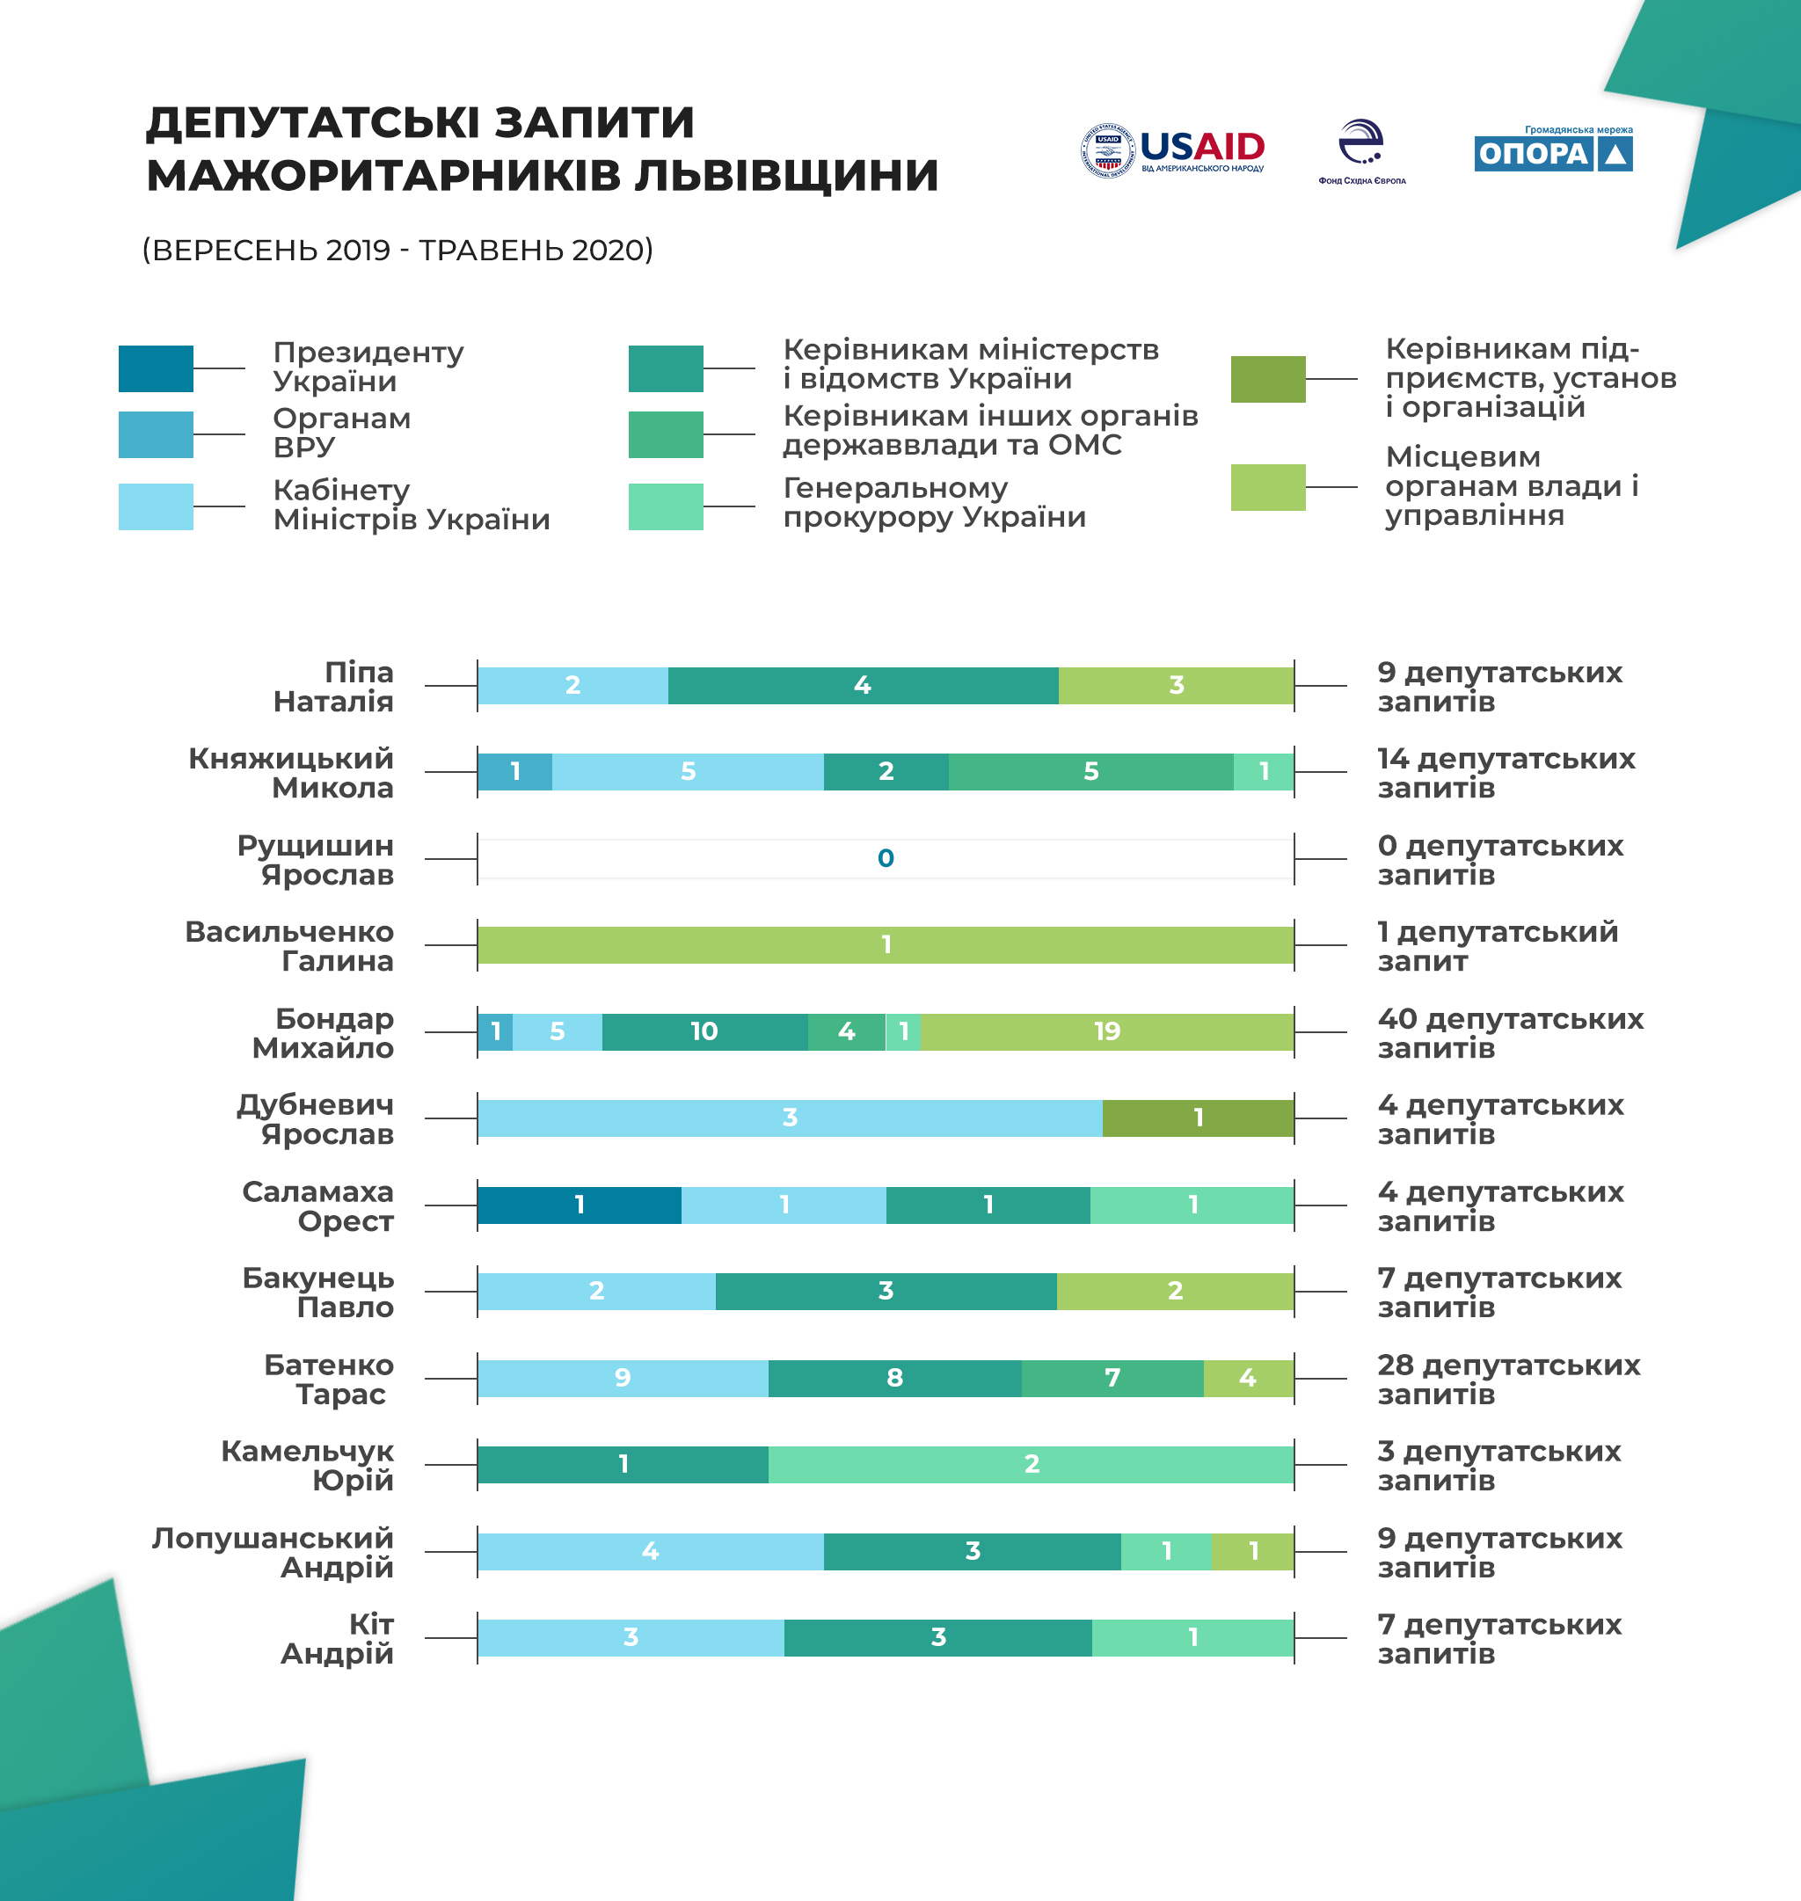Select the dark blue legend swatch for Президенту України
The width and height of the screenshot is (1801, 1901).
[156, 368]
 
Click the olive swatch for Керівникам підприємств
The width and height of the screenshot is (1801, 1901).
[1267, 379]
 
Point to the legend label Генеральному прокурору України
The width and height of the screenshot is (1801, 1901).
[934, 502]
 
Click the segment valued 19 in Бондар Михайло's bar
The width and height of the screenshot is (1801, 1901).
[1107, 1031]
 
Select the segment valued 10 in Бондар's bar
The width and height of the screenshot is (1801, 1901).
[704, 1031]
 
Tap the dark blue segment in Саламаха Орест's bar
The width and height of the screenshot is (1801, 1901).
[579, 1205]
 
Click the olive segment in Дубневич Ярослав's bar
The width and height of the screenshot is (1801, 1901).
[1198, 1118]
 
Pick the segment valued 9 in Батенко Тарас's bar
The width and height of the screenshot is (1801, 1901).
[622, 1378]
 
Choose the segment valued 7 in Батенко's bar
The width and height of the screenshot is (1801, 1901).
[1112, 1378]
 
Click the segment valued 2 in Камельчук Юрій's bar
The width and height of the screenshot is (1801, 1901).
[1031, 1464]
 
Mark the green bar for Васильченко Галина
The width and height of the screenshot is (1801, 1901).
[886, 944]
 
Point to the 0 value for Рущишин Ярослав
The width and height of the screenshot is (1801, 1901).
[886, 858]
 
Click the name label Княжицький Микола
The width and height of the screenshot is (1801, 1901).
[291, 773]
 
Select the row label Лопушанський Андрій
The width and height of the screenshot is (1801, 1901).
[273, 1552]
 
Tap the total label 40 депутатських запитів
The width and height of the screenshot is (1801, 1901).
[1509, 1032]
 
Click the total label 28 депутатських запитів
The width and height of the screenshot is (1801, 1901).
[1508, 1379]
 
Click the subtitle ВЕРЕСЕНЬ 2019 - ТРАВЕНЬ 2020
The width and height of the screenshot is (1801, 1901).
[397, 250]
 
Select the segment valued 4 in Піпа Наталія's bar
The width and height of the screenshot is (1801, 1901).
[862, 686]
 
